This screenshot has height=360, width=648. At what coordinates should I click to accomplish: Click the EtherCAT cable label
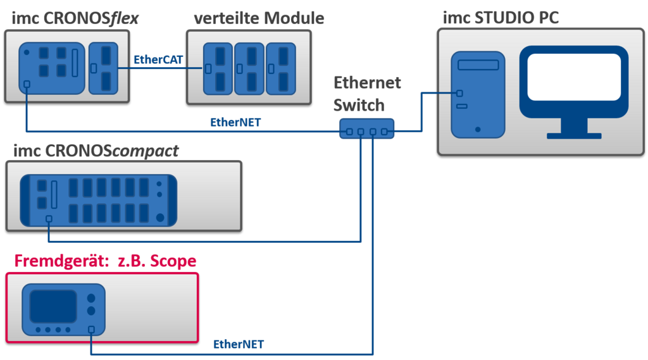[x=158, y=59]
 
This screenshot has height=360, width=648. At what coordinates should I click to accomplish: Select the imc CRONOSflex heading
[x=75, y=18]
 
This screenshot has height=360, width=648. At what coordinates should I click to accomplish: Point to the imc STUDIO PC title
[x=500, y=17]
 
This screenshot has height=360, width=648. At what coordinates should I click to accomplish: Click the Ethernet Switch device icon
[x=366, y=128]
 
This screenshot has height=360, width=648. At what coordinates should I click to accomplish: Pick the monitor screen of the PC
[x=574, y=77]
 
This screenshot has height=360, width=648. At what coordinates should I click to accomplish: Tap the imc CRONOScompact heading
[x=96, y=151]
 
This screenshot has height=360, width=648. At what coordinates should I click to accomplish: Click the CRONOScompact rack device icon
[x=98, y=200]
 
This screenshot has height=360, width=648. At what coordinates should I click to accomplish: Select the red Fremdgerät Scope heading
[x=105, y=261]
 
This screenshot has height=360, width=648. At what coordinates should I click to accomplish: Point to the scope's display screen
[x=54, y=305]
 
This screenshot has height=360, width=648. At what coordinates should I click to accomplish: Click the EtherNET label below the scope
[x=239, y=345]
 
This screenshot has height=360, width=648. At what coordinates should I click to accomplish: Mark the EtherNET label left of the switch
[x=236, y=122]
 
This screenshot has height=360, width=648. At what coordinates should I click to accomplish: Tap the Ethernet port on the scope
[x=92, y=330]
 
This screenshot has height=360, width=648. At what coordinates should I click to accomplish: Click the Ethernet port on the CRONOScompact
[x=49, y=219]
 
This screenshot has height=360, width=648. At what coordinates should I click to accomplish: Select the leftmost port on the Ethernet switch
[x=349, y=132]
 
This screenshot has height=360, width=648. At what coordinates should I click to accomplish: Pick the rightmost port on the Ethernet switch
[x=385, y=132]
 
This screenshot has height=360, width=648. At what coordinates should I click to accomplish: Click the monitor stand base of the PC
[x=574, y=134]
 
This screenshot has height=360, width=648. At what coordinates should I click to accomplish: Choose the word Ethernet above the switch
[x=368, y=83]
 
